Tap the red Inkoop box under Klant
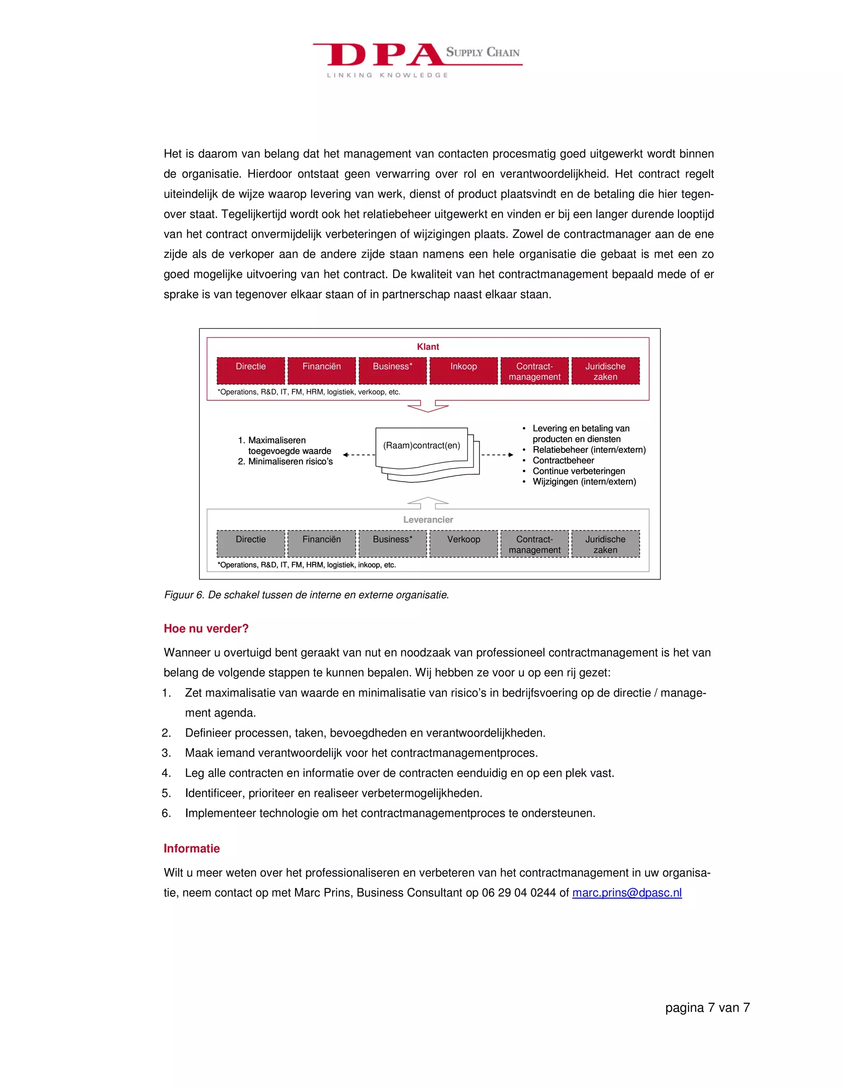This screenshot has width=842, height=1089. click(463, 371)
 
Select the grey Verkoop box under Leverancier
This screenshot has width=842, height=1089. click(463, 544)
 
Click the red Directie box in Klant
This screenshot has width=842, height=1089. click(250, 371)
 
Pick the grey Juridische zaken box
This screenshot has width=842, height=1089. click(605, 544)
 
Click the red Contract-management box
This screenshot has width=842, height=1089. click(534, 371)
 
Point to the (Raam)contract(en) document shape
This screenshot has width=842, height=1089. click(422, 448)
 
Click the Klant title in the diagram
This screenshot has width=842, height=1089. click(428, 346)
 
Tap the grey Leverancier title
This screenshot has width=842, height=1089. click(428, 519)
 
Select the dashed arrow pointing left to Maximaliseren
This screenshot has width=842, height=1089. click(359, 455)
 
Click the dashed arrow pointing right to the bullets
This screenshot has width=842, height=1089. click(497, 455)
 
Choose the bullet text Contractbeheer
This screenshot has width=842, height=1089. click(563, 460)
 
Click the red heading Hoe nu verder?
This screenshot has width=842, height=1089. click(206, 628)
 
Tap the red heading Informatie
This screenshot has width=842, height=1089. click(192, 848)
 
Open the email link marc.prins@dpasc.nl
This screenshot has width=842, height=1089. click(627, 893)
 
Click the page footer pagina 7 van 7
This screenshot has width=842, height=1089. click(707, 1007)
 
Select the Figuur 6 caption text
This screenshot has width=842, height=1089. click(306, 595)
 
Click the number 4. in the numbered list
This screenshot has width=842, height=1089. click(166, 773)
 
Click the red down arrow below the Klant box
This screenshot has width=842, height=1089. click(428, 406)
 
